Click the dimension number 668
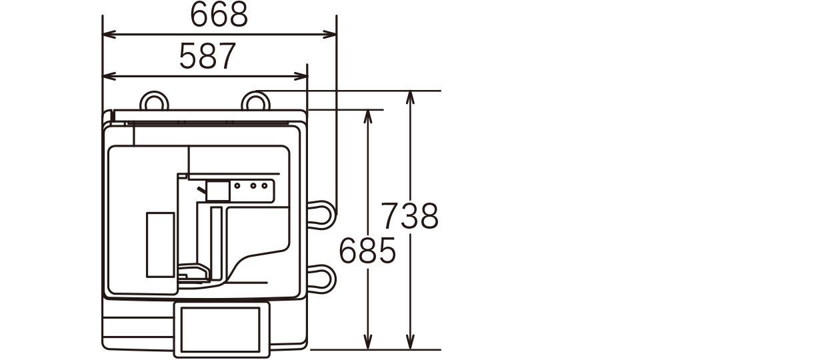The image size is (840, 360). pyautogui.click(x=219, y=15)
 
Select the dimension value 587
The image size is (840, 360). pyautogui.click(x=208, y=57)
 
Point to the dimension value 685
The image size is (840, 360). pyautogui.click(x=367, y=250)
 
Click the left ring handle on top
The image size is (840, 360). pyautogui.click(x=154, y=94)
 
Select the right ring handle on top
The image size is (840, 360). pyautogui.click(x=256, y=94)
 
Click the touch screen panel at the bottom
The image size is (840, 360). pyautogui.click(x=221, y=329)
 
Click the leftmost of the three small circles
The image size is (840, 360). pyautogui.click(x=237, y=185)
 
